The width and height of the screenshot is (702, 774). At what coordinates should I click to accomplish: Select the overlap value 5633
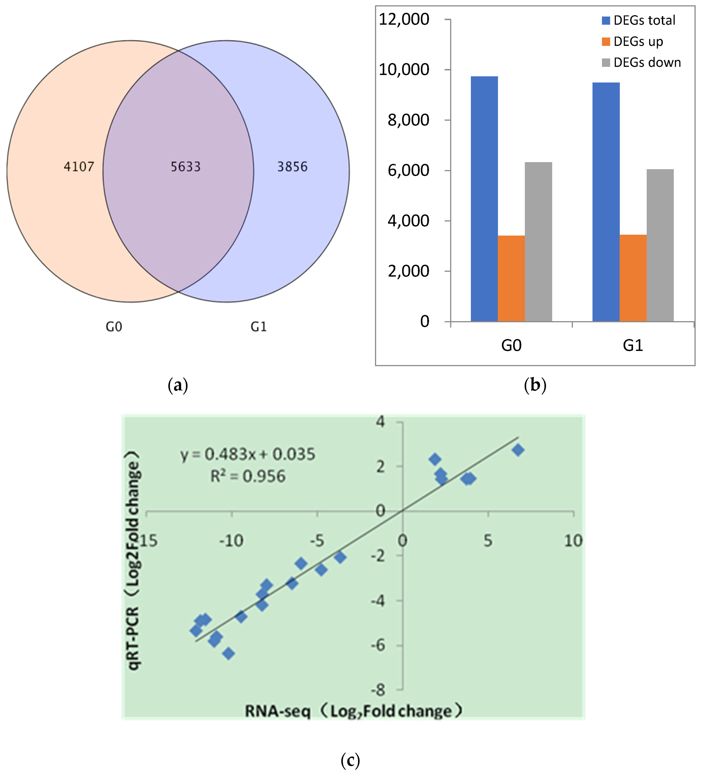[186, 167]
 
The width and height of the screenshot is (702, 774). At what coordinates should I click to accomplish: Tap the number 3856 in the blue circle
[292, 167]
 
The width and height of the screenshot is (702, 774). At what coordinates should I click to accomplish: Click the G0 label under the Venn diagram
[114, 327]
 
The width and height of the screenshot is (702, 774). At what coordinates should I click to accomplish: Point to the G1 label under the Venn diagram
[258, 327]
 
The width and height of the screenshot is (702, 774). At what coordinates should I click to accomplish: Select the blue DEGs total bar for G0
[484, 200]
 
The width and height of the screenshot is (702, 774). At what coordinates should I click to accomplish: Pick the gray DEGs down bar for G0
[538, 242]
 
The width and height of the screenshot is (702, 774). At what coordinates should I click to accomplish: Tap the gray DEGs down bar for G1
[660, 246]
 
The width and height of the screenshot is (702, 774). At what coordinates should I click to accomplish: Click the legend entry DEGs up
[638, 41]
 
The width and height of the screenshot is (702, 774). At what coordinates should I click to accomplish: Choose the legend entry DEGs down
[647, 63]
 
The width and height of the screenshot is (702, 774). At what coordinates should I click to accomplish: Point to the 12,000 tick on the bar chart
[404, 19]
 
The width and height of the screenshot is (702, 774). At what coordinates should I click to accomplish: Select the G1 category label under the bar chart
[633, 346]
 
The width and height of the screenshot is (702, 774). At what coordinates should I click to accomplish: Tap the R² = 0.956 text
[248, 476]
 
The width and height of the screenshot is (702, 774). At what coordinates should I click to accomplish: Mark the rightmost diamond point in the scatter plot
[518, 450]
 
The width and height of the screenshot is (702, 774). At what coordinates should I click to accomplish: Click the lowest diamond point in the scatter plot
[229, 653]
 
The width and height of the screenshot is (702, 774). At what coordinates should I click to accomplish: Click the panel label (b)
[535, 385]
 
